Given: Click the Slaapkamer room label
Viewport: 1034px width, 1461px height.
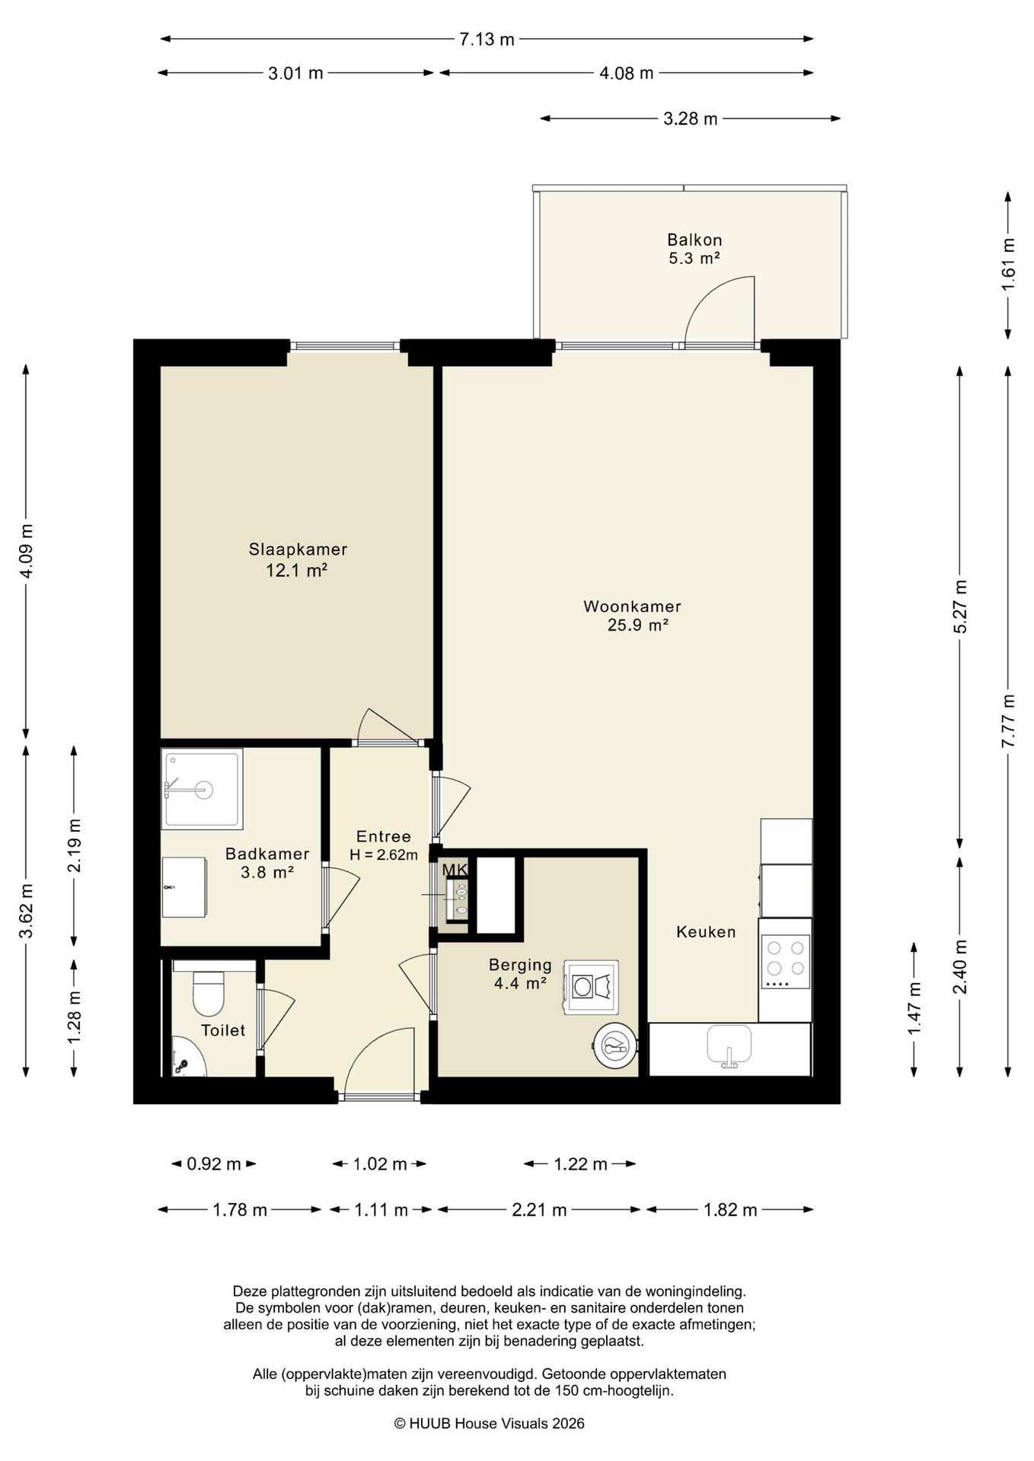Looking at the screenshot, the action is (x=298, y=549).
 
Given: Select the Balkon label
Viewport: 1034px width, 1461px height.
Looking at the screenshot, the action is (x=694, y=240).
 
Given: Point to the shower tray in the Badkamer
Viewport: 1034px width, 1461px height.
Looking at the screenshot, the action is (x=203, y=788).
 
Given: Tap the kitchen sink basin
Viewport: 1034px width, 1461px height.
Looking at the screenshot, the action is (x=729, y=1044).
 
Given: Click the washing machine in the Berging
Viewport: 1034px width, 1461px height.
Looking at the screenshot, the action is (x=590, y=987).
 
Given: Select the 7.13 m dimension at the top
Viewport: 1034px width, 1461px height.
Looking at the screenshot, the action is (x=487, y=40).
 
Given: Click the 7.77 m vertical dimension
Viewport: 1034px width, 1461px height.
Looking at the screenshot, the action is (x=1008, y=721).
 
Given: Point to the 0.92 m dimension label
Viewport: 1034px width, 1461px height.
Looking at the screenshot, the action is (x=213, y=1164).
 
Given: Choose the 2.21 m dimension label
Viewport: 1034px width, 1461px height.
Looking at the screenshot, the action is (x=539, y=1210).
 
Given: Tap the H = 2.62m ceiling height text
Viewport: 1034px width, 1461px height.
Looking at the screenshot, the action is (x=384, y=855).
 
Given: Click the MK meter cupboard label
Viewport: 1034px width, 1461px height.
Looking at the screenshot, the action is (x=455, y=869).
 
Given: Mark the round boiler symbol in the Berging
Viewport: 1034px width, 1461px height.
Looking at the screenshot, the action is (x=614, y=1047).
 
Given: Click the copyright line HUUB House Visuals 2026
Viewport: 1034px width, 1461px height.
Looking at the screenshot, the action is (x=489, y=1423).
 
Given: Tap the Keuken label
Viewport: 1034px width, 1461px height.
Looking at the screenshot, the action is (x=706, y=931).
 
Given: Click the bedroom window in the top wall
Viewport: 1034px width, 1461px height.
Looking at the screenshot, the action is (x=346, y=346).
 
